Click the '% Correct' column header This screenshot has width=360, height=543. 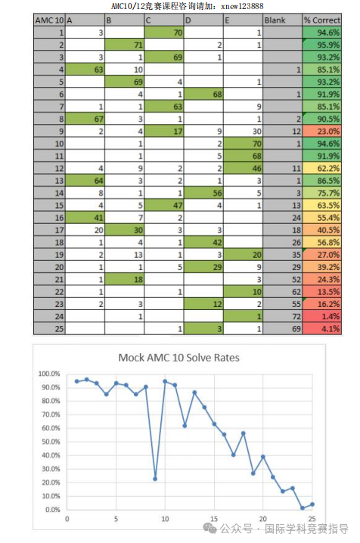pos(322,20)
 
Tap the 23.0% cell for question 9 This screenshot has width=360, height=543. pos(322,132)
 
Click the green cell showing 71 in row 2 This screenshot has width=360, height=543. pos(124,45)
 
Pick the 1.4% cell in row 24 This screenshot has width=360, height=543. pos(322,317)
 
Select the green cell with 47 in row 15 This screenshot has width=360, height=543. pos(163,206)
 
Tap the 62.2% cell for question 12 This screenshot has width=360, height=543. pos(322,169)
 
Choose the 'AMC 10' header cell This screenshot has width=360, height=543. pos(49,20)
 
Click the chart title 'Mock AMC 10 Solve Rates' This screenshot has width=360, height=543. pos(179,358)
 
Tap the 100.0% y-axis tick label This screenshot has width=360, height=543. pos(49,374)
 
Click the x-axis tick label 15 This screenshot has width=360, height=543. pos(214,519)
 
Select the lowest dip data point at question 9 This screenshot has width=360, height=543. pos(155,479)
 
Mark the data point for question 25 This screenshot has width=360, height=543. pos(312,504)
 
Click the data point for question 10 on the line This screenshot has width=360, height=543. pos(165,381)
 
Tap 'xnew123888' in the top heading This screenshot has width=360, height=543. pos(242,6)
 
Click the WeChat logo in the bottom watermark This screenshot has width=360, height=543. pos(209,529)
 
